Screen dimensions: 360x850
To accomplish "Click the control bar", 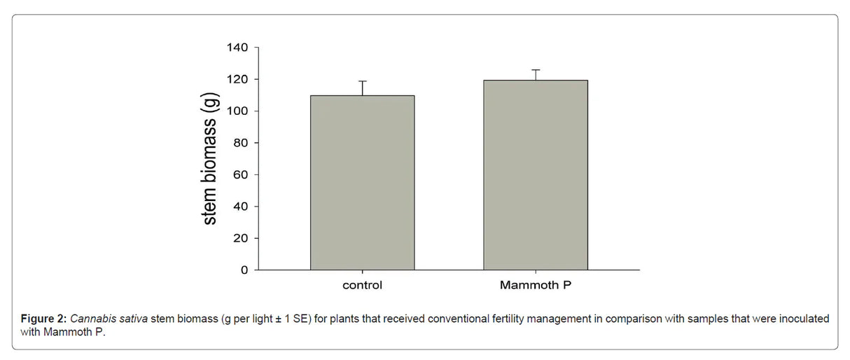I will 362,182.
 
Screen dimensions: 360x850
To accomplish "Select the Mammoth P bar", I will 536,175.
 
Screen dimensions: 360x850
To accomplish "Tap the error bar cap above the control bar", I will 362,81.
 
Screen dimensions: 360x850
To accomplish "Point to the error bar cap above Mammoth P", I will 536,70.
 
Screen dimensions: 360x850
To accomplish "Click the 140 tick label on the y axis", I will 238,48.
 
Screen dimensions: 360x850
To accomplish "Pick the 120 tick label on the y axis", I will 238,79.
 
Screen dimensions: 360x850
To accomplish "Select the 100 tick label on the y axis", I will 238,111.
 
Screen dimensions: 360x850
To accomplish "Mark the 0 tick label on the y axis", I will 244,270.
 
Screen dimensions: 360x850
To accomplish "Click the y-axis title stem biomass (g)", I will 209,160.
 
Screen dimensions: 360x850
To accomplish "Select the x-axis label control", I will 362,286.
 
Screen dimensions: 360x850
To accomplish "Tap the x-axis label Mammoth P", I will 535,286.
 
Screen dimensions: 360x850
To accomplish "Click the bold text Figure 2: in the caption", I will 43,319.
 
